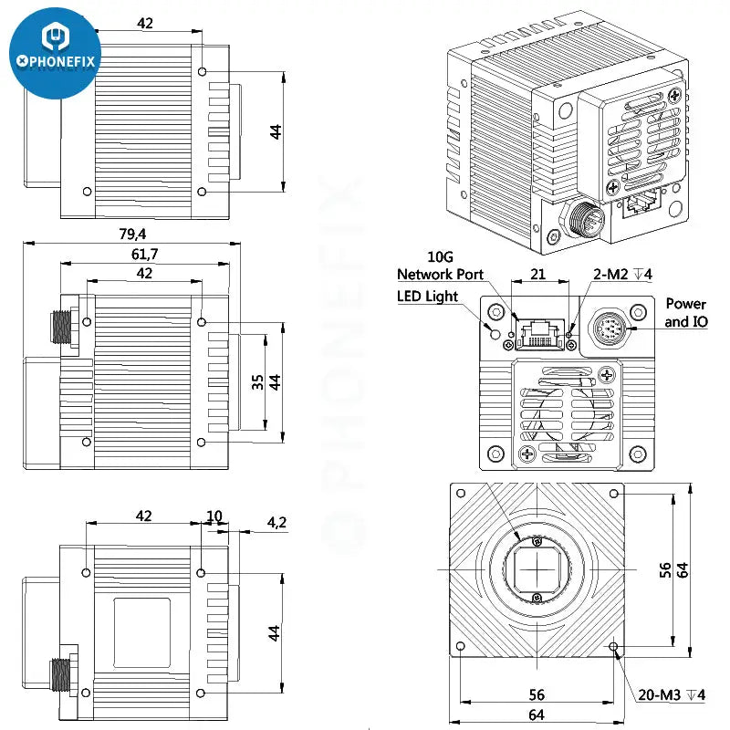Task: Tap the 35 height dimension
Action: (258, 382)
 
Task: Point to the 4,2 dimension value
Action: (277, 523)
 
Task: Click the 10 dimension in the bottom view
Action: (214, 516)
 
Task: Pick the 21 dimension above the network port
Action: (538, 274)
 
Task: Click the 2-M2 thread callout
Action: (622, 274)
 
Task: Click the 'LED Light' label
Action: (428, 296)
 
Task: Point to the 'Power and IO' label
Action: (685, 312)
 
